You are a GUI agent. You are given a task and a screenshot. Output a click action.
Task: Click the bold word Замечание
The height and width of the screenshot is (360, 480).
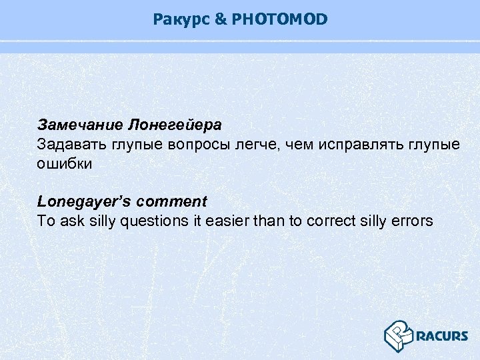click(x=80, y=125)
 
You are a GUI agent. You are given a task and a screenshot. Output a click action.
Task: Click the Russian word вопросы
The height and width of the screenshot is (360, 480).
click(x=189, y=144)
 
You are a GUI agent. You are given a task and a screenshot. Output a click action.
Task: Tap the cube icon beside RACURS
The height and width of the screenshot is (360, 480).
click(x=398, y=335)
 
